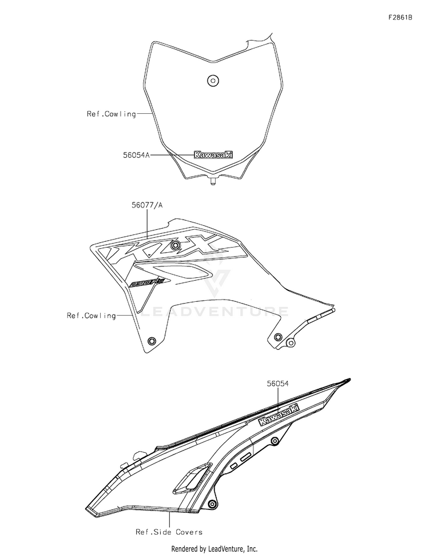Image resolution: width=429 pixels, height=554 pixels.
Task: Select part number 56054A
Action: click(136, 154)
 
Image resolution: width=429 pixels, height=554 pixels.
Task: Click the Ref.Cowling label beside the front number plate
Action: click(111, 114)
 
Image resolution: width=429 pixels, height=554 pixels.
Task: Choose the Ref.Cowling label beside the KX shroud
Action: click(91, 315)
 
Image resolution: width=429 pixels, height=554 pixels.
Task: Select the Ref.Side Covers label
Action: click(169, 532)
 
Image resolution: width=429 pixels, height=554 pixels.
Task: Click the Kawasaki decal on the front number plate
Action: click(213, 154)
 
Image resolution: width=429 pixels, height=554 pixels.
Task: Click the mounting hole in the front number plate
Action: click(213, 80)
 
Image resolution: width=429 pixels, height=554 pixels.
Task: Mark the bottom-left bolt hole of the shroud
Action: click(152, 341)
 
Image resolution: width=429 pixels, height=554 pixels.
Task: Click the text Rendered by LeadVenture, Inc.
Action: click(214, 548)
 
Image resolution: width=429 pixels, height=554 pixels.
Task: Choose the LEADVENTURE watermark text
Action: click(214, 312)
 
